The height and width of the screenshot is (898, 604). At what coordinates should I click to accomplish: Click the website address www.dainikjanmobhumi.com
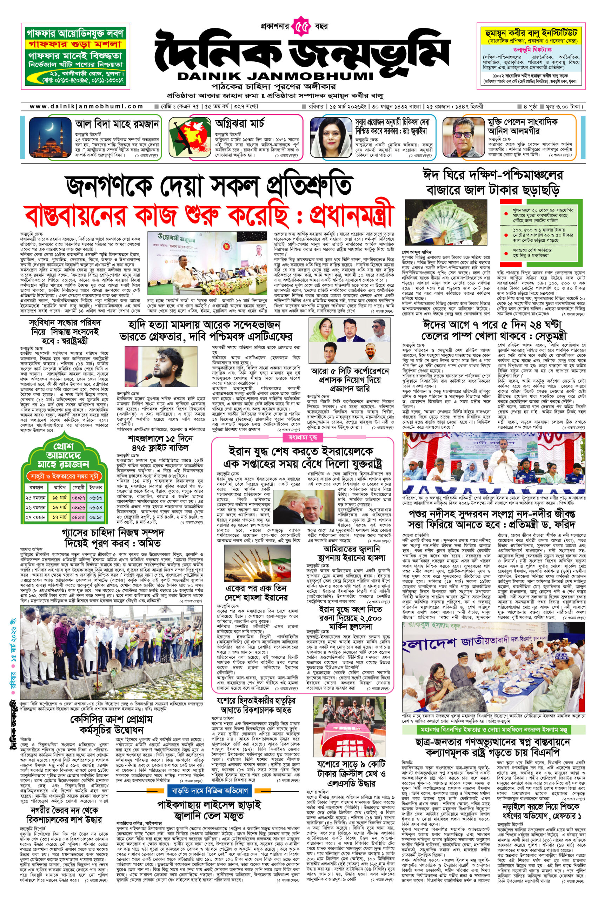[86, 107]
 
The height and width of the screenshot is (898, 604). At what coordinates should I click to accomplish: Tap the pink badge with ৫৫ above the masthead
[302, 27]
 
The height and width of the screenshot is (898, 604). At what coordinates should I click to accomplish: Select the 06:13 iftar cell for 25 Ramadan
[95, 498]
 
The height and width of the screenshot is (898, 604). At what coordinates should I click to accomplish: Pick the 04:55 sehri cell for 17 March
[78, 517]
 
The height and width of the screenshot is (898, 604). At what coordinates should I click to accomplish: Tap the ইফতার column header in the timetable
[95, 487]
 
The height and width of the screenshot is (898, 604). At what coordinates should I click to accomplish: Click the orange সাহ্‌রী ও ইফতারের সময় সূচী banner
[64, 476]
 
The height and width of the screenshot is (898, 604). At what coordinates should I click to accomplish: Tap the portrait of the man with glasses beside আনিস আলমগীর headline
[463, 138]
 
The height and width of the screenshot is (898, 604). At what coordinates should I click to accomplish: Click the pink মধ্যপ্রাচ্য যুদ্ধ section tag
[303, 437]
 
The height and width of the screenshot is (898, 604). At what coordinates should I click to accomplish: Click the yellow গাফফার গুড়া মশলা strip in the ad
[73, 44]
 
